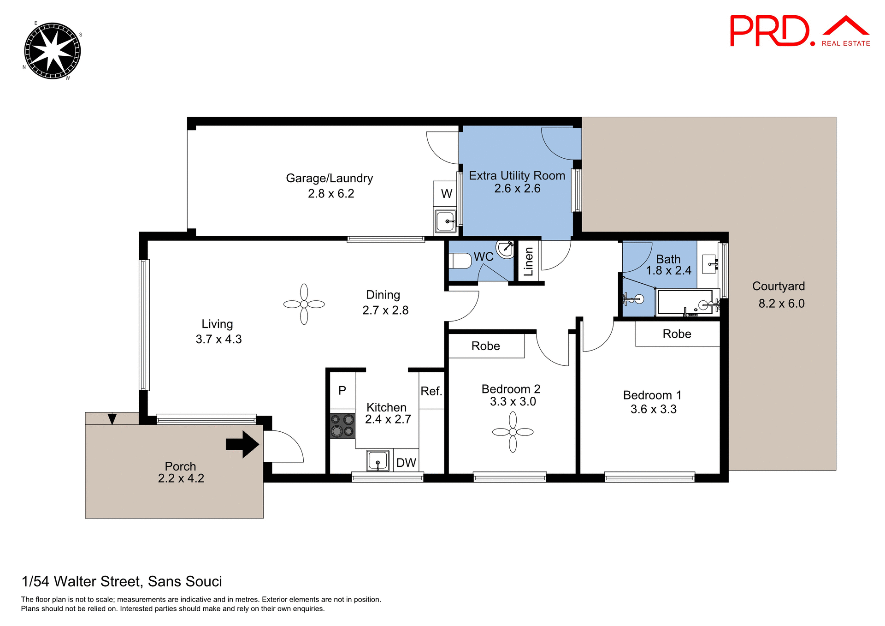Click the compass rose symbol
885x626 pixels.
pyautogui.click(x=52, y=51)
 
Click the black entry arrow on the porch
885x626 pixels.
pyautogui.click(x=242, y=444)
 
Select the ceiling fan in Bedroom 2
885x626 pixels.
pyautogui.click(x=513, y=432)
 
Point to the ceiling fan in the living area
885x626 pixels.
pyautogui.click(x=304, y=304)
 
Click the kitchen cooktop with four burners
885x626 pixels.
pyautogui.click(x=342, y=425)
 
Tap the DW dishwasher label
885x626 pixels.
pyautogui.click(x=406, y=463)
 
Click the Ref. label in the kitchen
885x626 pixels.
pyautogui.click(x=431, y=391)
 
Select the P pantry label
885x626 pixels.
pyautogui.click(x=342, y=391)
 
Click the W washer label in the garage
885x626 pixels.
pyautogui.click(x=446, y=194)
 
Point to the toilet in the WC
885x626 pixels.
pyautogui.click(x=461, y=261)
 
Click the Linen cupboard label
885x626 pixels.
pyautogui.click(x=528, y=262)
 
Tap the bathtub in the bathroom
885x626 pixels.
pyautogui.click(x=685, y=302)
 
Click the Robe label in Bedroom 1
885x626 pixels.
pyautogui.click(x=677, y=334)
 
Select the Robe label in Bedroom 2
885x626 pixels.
pyautogui.click(x=485, y=346)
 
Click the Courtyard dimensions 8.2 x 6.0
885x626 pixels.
pyautogui.click(x=781, y=304)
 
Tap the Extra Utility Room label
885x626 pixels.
pyautogui.click(x=517, y=176)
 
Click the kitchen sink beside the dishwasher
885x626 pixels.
pyautogui.click(x=378, y=460)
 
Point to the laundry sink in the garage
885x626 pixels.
pyautogui.click(x=446, y=221)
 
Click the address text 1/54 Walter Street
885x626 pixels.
pyautogui.click(x=122, y=581)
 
